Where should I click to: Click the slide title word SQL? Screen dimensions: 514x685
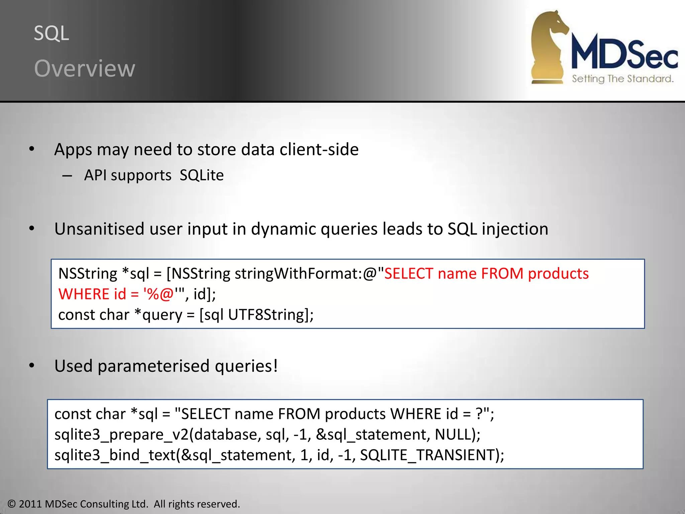pyautogui.click(x=52, y=33)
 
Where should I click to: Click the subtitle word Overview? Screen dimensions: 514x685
pyautogui.click(x=85, y=68)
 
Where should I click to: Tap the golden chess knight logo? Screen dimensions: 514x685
pyautogui.click(x=548, y=47)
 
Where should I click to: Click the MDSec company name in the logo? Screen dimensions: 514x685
pyautogui.click(x=624, y=54)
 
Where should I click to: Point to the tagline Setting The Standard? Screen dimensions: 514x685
pyautogui.click(x=622, y=79)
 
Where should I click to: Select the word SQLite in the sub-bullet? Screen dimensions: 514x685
pyautogui.click(x=202, y=175)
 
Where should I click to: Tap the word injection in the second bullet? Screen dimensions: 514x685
pyautogui.click(x=515, y=229)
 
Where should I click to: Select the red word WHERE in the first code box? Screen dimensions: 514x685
pyautogui.click(x=84, y=294)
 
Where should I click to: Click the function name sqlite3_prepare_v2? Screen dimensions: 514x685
pyautogui.click(x=121, y=435)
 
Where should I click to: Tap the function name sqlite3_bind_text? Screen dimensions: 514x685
pyautogui.click(x=115, y=455)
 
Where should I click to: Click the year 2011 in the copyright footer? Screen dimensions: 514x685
pyautogui.click(x=30, y=504)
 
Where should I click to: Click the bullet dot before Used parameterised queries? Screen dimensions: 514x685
pyautogui.click(x=32, y=366)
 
